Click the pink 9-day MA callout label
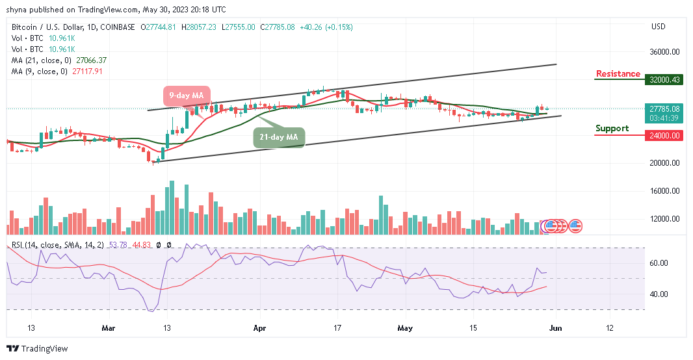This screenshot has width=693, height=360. coord(186,96)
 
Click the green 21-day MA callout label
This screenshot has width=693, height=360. coord(278,137)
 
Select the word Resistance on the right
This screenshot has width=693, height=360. coord(618,74)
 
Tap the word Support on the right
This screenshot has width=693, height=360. coord(612,129)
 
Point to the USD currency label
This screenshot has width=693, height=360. coord(658,27)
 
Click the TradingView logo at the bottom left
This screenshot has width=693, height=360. coord(37,349)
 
